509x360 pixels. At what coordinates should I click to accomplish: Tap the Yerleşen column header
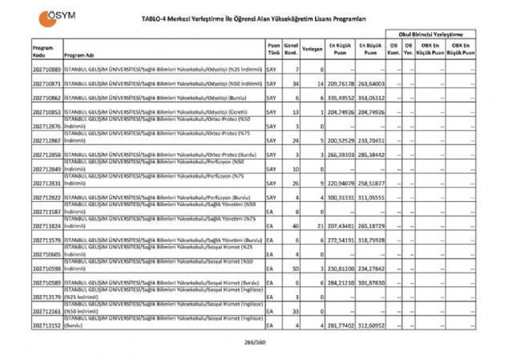point(313,49)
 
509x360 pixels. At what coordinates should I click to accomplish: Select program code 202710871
point(47,83)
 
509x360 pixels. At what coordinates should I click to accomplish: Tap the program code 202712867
point(47,140)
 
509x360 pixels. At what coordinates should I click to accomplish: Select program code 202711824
point(47,226)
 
